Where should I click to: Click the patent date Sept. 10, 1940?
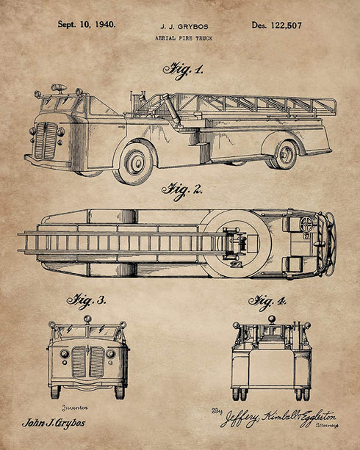87,24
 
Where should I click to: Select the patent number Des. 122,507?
277,26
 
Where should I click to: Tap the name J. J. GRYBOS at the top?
184,26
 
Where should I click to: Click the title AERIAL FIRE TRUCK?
184,38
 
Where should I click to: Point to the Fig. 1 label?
183,71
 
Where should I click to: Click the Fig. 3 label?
87,301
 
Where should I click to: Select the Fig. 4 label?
267,302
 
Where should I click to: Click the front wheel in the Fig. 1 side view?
134,163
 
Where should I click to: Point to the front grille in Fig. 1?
46,141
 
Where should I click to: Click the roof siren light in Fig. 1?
60,87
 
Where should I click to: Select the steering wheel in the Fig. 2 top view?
306,224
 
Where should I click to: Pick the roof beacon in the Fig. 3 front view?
87,319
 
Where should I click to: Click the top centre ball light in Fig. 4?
272,319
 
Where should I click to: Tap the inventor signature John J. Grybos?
54,423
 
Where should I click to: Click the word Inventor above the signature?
75,408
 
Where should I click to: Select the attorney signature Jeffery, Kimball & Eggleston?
278,418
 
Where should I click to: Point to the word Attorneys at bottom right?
327,425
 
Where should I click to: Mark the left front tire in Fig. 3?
55,392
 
